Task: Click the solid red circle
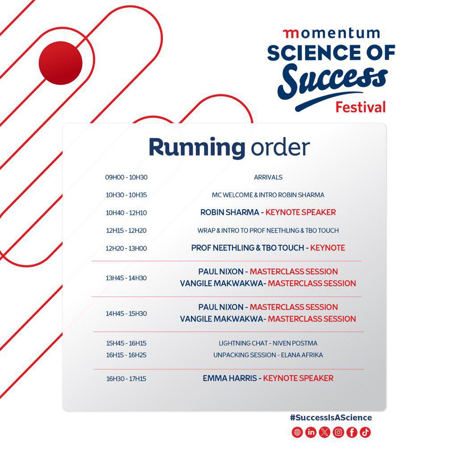point(61,62)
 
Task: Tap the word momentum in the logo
point(331,33)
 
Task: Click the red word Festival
point(360,107)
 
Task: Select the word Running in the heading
point(197,147)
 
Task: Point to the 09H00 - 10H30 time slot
point(126,177)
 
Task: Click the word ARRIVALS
point(268,177)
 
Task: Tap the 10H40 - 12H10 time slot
point(126,213)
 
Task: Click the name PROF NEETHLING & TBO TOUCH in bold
point(247,248)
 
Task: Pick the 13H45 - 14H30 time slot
point(126,278)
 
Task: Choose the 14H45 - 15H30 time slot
point(126,313)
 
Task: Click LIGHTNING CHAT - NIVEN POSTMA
point(268,343)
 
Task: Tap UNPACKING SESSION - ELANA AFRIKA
point(268,355)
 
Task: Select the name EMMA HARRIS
point(229,378)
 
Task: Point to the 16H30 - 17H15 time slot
point(126,379)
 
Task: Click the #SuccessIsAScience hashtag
point(331,418)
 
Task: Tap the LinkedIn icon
point(311,432)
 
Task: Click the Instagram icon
point(338,432)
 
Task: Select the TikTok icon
point(365,432)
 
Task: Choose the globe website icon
point(297,432)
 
